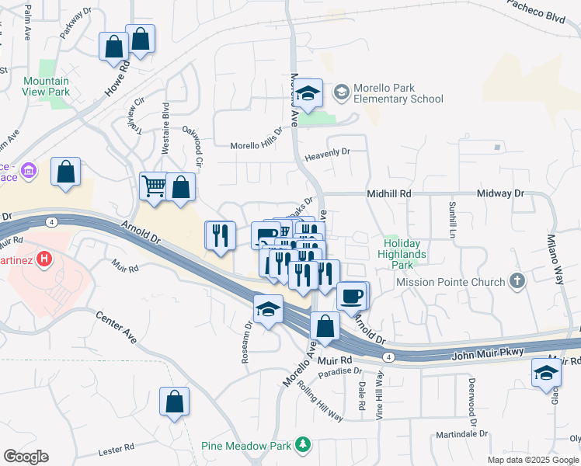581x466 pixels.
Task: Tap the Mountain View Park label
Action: pyautogui.click(x=46, y=86)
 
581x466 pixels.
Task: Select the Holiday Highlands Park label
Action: pyautogui.click(x=402, y=254)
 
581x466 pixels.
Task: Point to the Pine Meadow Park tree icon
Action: pyautogui.click(x=302, y=445)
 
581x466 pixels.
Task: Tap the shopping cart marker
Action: pyautogui.click(x=153, y=186)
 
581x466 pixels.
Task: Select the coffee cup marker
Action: pyautogui.click(x=351, y=295)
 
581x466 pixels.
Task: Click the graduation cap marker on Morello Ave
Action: pyautogui.click(x=308, y=93)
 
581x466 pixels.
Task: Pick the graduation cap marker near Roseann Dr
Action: pyautogui.click(x=266, y=311)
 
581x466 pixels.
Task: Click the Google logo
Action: pyautogui.click(x=26, y=457)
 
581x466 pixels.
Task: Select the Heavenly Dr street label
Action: pyautogui.click(x=330, y=152)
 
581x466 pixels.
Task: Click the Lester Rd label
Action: pyautogui.click(x=117, y=450)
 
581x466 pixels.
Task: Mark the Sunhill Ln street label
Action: pyautogui.click(x=451, y=219)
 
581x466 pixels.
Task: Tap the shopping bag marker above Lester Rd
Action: pyautogui.click(x=174, y=402)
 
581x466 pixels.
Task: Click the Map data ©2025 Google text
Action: pyautogui.click(x=532, y=460)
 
